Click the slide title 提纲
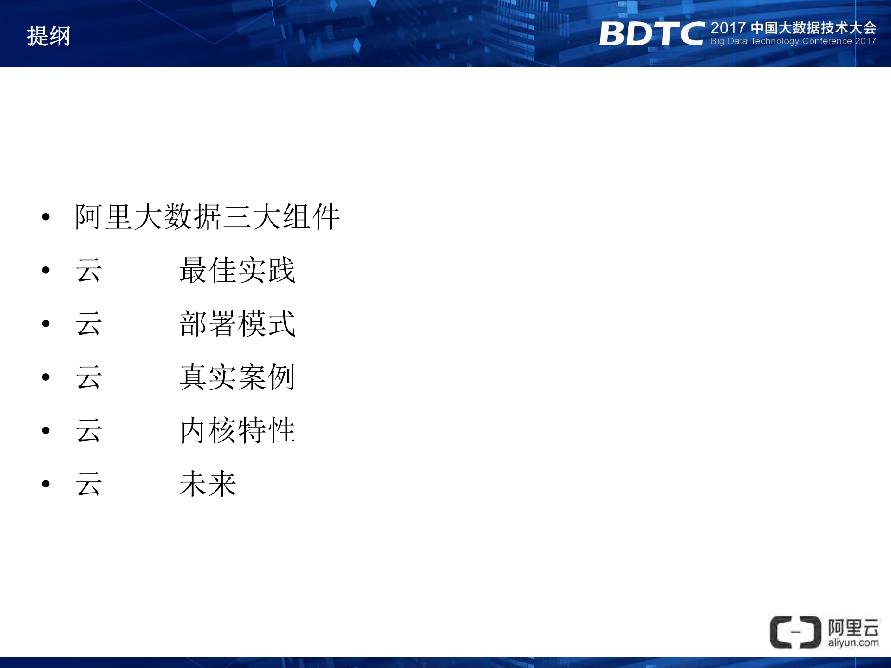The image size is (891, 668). [x=48, y=36]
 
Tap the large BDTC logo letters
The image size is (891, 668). [x=651, y=34]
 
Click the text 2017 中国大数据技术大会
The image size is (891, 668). [x=793, y=28]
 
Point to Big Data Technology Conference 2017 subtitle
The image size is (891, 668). [x=793, y=41]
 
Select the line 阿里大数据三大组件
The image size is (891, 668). [x=207, y=217]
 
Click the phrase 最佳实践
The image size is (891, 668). [x=237, y=270]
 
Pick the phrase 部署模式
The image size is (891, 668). [x=237, y=324]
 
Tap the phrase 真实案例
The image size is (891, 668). [x=237, y=377]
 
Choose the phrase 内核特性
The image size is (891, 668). [x=237, y=430]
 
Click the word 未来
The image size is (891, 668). [x=208, y=484]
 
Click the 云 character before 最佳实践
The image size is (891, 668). [x=89, y=270]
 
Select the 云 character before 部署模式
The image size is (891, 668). [x=89, y=324]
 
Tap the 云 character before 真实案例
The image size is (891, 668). [x=89, y=377]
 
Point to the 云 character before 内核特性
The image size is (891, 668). [x=89, y=430]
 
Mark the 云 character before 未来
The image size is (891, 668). [x=89, y=484]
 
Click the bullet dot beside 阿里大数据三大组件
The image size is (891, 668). [x=46, y=217]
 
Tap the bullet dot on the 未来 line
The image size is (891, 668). [x=46, y=484]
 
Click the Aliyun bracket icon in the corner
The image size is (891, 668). [x=795, y=632]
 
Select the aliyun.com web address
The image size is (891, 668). [x=853, y=643]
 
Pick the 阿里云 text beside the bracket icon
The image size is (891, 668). [x=853, y=628]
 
